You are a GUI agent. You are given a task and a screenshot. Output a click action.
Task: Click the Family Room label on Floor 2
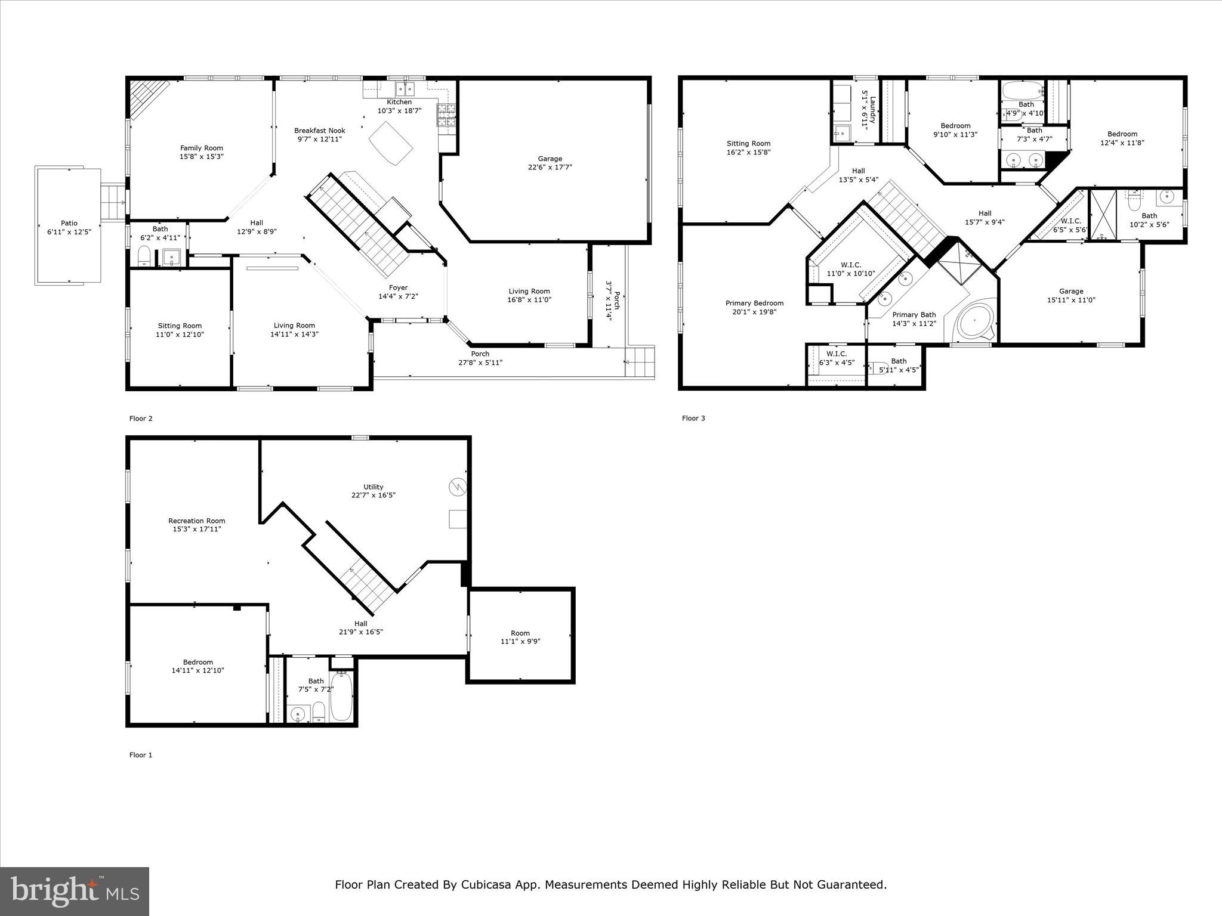coord(202,148)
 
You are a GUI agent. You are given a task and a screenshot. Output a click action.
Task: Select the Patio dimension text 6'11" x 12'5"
coord(69,232)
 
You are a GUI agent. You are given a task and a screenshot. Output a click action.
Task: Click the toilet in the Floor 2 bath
coord(144,256)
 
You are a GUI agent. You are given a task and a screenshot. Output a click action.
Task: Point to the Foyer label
coord(398,287)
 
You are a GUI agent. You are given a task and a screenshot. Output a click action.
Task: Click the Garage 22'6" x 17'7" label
coord(550,159)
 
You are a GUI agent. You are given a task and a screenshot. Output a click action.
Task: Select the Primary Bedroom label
coord(754,303)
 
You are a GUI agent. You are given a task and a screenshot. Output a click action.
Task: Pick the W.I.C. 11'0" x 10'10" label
coord(851,265)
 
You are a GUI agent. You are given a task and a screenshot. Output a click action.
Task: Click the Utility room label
coord(374,487)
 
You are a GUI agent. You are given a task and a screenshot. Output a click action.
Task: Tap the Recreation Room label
coord(197,521)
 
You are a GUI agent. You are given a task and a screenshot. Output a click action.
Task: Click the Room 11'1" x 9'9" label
coord(520,633)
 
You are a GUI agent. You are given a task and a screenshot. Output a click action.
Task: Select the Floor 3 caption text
coord(693,418)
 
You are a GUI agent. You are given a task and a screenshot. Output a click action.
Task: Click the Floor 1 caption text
coord(141,755)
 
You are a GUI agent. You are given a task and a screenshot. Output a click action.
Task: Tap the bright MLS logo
coord(75,891)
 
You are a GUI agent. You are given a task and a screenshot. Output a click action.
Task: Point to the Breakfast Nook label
coord(320,131)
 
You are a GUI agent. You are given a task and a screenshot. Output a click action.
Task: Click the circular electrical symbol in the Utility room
coord(457,487)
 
